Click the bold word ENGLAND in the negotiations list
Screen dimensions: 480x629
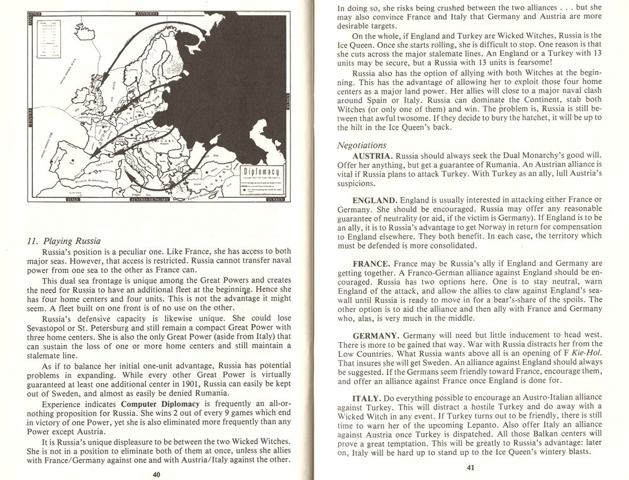coord(374,200)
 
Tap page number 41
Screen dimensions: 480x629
coord(470,467)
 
